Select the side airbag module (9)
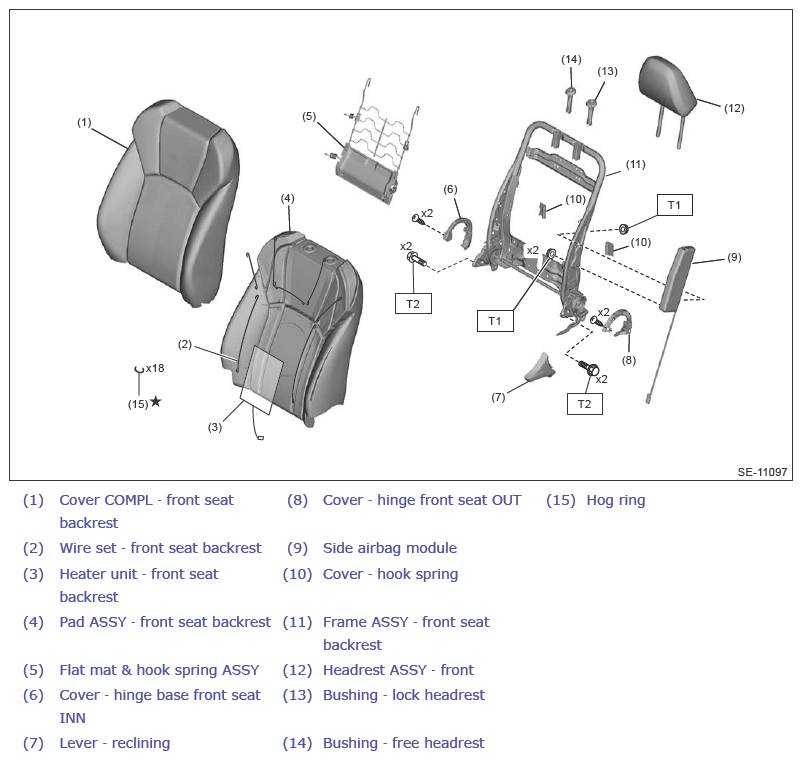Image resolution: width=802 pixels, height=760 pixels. pos(677,279)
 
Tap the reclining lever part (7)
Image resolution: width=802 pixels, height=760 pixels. pos(541,367)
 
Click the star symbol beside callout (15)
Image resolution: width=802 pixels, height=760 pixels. pos(156,401)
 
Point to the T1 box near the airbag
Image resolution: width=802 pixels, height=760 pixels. pos(675,205)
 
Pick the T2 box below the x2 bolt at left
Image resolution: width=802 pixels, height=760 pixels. pos(413,304)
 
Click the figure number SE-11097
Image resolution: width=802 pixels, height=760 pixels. pos(762,472)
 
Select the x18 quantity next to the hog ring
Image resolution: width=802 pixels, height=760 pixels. pos(155,368)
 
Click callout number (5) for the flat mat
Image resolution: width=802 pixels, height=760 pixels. pos(309,117)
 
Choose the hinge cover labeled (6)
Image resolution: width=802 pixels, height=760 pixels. pos(457,233)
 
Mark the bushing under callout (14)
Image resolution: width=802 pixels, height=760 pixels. pos(570,99)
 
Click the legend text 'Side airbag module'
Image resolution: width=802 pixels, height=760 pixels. pos(390,548)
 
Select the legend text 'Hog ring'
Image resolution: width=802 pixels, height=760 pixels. pos(616,500)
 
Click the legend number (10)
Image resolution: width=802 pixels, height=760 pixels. pos(297,574)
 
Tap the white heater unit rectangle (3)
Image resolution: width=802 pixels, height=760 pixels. pos(262,379)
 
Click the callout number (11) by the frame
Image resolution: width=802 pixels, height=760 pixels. pos(636,165)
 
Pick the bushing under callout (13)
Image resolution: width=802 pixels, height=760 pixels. pos(591,111)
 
